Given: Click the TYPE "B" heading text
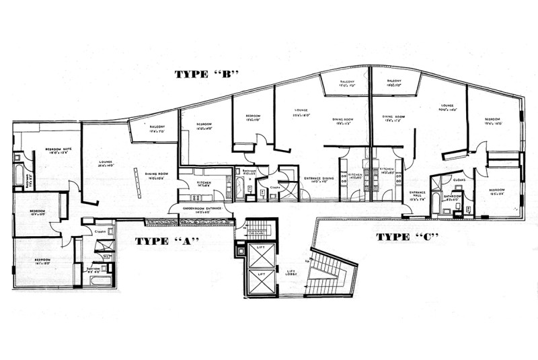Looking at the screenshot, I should (x=207, y=74).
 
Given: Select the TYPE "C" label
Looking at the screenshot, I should (x=407, y=237).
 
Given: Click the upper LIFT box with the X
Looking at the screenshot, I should (x=258, y=255).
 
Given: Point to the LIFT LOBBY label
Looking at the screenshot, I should (x=291, y=274).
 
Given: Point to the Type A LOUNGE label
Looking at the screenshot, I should (x=106, y=164).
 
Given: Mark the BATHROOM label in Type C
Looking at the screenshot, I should (x=452, y=197).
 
